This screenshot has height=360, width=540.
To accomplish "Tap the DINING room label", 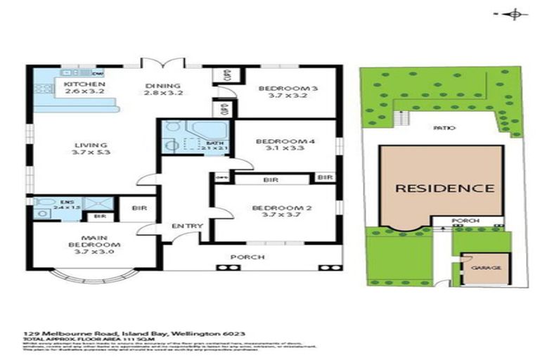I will tap(158, 86).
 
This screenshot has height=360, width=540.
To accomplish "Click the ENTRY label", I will tap(188, 226).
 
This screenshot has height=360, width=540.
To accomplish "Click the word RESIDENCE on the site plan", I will tap(443, 188).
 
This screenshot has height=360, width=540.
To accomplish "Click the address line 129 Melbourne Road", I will tap(134, 333).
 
